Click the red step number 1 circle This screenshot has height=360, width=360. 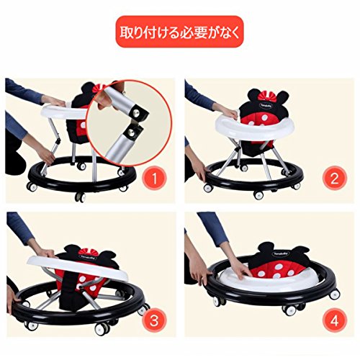point(155,179)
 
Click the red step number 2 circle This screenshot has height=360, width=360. point(334,179)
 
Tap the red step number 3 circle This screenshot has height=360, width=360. point(154,320)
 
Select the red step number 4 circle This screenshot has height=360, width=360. point(334,320)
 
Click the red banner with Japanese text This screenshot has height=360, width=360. point(179,32)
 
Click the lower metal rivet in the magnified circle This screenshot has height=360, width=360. point(131,132)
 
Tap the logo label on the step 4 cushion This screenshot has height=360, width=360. point(281,253)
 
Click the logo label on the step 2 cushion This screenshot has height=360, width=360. point(264,106)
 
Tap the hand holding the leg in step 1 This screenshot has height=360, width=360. point(48,154)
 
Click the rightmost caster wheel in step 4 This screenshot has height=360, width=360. point(335,294)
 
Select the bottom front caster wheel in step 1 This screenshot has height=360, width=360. point(80,197)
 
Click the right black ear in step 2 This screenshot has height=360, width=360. point(283,97)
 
